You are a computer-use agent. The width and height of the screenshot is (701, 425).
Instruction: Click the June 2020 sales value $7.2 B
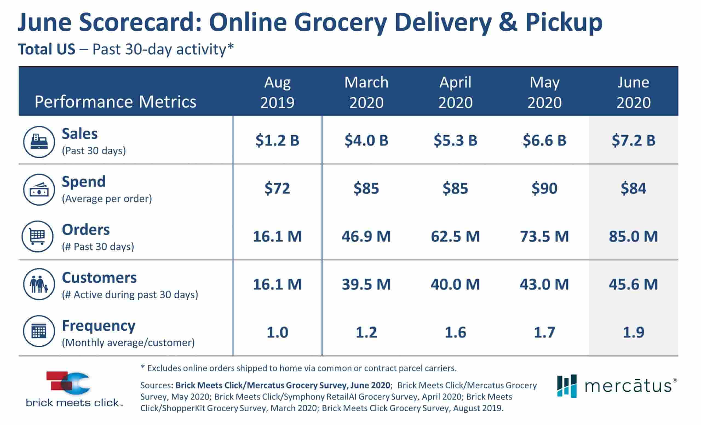(x=633, y=140)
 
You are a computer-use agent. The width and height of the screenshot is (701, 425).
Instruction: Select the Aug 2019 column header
(x=277, y=92)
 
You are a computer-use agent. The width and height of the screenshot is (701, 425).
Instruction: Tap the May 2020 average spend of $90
(x=544, y=188)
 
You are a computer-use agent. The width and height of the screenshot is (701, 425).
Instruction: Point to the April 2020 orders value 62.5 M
(x=455, y=236)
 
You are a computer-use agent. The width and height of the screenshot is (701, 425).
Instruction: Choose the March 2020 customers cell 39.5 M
(x=366, y=284)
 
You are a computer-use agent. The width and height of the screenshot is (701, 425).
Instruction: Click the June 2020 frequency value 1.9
(x=633, y=332)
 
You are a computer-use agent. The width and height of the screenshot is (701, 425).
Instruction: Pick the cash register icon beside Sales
(x=39, y=142)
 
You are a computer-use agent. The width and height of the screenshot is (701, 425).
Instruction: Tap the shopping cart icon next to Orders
(x=38, y=236)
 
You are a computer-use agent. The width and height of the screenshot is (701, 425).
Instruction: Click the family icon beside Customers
(x=39, y=284)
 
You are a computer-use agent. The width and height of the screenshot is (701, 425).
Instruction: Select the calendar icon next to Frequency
(x=39, y=331)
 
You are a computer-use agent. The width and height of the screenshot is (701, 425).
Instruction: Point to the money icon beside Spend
(x=39, y=190)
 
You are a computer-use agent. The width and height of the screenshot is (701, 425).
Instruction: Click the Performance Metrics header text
(x=115, y=102)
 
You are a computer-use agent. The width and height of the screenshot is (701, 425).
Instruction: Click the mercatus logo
(x=616, y=386)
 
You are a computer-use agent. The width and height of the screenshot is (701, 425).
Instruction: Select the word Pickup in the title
(x=564, y=23)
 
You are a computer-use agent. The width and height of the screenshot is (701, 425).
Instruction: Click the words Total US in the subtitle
(x=47, y=49)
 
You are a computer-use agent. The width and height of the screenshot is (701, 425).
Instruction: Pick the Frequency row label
(x=98, y=325)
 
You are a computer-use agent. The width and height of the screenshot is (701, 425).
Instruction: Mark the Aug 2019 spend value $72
(x=277, y=188)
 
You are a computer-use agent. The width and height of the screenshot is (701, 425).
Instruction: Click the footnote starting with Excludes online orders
(x=299, y=368)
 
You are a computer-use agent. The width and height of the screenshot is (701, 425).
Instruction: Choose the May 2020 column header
(x=544, y=92)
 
